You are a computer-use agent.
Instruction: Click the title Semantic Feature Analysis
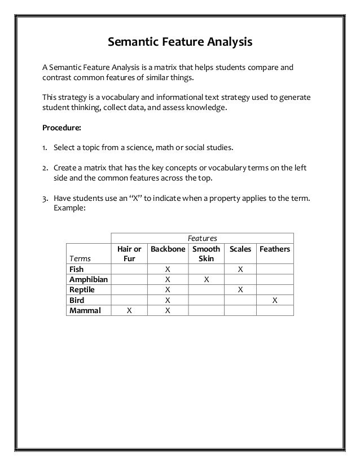click(179, 42)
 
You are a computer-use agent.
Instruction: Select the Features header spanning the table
click(201, 238)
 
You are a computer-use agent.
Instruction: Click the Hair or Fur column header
click(129, 253)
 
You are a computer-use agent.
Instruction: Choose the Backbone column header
click(167, 249)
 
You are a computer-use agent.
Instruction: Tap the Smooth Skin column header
click(206, 253)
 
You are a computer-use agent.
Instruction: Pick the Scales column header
click(240, 249)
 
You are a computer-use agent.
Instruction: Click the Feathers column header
click(274, 249)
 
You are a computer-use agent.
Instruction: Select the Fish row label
click(76, 269)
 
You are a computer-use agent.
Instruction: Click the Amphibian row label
click(89, 279)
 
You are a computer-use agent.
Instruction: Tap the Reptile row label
click(82, 289)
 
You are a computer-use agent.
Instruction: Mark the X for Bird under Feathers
click(275, 300)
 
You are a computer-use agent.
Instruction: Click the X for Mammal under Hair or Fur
click(129, 310)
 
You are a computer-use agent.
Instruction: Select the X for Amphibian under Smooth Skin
click(206, 279)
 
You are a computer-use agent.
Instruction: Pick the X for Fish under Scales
click(240, 269)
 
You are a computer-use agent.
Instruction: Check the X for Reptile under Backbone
click(167, 289)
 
